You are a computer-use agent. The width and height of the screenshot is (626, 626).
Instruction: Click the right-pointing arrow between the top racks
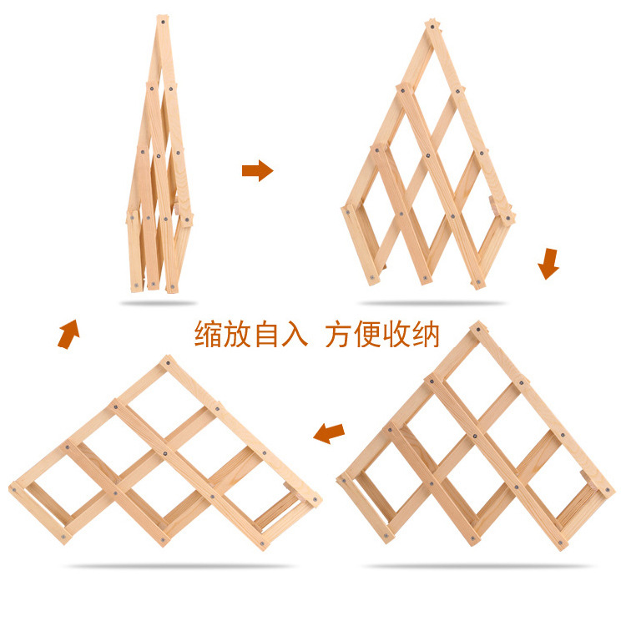coord(257,171)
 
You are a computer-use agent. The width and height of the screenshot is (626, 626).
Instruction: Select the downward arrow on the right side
coord(548,264)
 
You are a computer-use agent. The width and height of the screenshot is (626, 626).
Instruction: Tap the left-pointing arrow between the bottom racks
coord(329,432)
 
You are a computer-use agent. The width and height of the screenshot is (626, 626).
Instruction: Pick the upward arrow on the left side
coord(69,333)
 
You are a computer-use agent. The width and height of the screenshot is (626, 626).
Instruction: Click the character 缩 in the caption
coord(210,335)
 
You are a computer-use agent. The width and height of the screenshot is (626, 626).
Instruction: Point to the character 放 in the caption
coord(240,335)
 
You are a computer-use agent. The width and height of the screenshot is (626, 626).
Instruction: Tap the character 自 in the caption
coord(269,335)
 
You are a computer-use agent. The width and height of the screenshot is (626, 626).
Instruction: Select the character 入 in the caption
coord(297,335)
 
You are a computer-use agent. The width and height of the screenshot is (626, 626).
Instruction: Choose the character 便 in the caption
coord(368,335)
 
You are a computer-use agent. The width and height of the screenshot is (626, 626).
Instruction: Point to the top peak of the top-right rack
coord(432,25)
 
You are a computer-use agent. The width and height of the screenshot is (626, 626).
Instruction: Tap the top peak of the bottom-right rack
coord(478,328)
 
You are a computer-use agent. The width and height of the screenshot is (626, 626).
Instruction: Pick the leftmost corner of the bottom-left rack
coord(13,488)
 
